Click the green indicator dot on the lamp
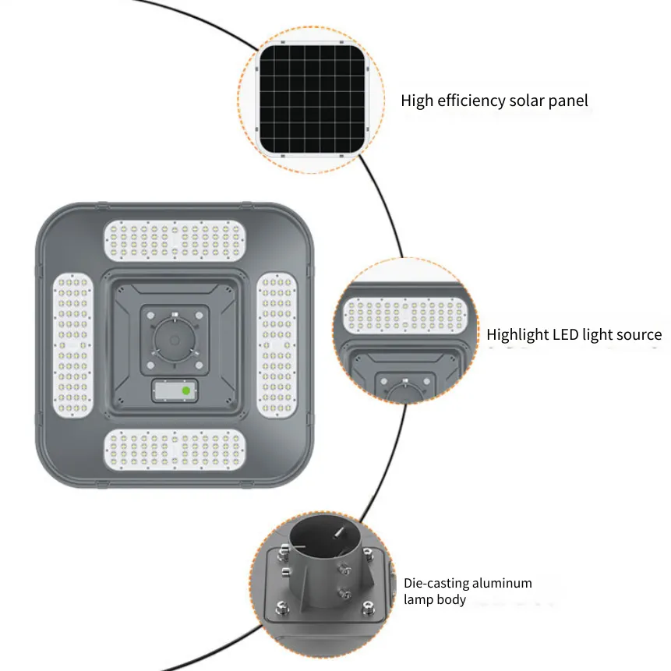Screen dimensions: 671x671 point(186,390)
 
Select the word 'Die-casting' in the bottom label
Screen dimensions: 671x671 point(433,583)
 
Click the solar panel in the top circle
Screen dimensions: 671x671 point(313,99)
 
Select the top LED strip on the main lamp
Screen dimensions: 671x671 point(175,241)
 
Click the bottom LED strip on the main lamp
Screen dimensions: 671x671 point(175,450)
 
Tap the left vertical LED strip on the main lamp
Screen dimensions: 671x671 point(72,345)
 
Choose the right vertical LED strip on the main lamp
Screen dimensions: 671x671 point(277,345)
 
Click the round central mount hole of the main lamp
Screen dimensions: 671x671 point(175,341)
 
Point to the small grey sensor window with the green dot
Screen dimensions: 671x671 point(175,390)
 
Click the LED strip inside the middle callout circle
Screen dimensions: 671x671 point(405,316)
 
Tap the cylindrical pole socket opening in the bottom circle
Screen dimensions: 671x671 point(325,536)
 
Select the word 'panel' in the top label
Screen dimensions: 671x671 point(568,101)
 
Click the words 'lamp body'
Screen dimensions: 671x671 point(435,599)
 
